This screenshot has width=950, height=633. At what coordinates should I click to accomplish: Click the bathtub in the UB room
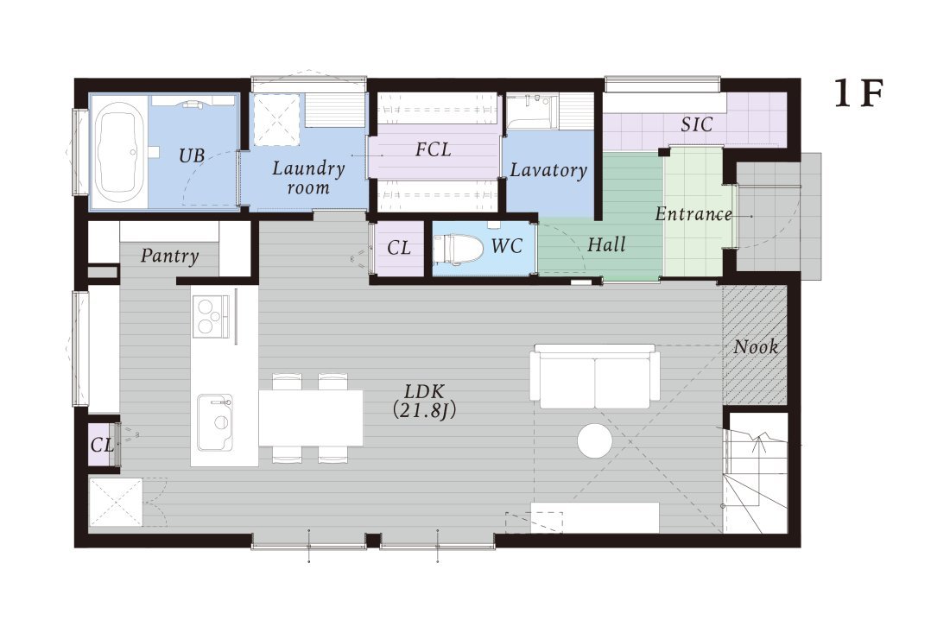[120, 153]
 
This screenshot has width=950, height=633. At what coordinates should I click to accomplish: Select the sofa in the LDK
[595, 377]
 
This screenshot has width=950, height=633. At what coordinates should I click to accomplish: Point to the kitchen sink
[214, 422]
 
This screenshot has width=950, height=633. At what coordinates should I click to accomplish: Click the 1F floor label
[858, 94]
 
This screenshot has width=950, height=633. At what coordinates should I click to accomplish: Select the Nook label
[756, 347]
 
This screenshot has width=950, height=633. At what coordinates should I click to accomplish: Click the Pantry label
[169, 256]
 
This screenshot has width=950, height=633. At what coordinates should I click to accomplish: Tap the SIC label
[697, 124]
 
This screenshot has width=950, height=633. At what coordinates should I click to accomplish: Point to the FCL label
[434, 149]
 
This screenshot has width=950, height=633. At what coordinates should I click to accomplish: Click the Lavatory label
[548, 170]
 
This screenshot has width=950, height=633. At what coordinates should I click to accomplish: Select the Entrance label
[693, 214]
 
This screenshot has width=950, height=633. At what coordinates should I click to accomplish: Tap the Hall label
[606, 244]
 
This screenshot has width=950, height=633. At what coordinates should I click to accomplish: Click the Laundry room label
[308, 178]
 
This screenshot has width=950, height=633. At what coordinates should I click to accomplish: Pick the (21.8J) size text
[423, 411]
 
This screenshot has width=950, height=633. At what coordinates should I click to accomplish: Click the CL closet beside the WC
[399, 248]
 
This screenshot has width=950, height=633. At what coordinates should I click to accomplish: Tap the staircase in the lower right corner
[756, 473]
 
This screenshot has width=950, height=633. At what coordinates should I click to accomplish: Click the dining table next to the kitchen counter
[311, 418]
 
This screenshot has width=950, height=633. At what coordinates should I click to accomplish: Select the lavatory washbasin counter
[531, 111]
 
